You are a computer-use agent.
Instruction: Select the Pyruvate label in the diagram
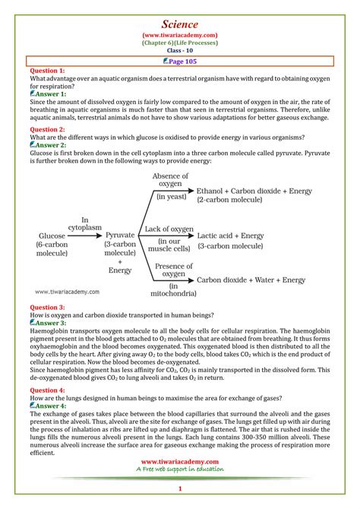coord(120,236)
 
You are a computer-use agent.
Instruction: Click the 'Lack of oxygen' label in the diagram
coord(169,228)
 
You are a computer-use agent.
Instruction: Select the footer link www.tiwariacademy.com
coord(180,462)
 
